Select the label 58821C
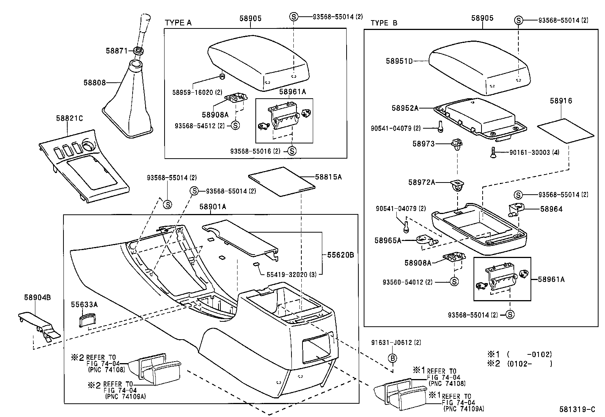[x=69, y=118]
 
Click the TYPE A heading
[x=178, y=23]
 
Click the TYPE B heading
[x=384, y=23]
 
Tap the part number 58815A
[x=328, y=177]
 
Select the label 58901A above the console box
[x=213, y=206]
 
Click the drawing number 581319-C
[x=577, y=409]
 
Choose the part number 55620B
[x=341, y=255]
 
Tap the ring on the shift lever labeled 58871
[x=139, y=50]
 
